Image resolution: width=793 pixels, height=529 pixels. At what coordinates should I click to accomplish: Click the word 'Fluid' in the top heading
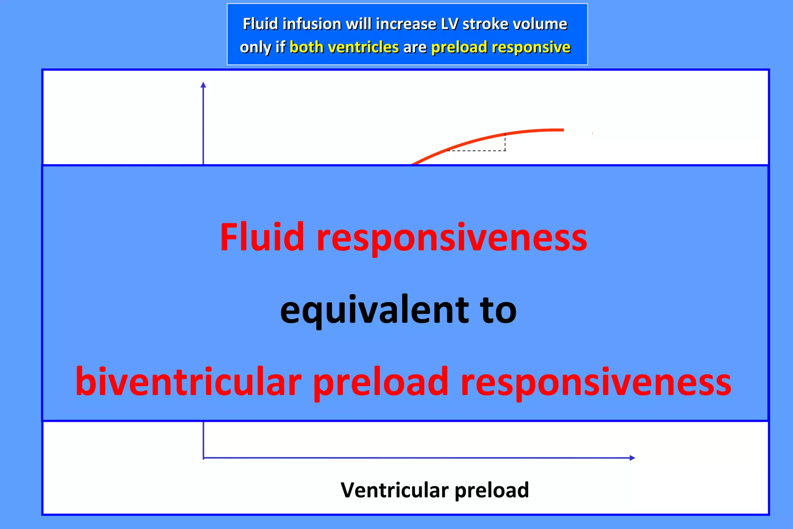tap(260, 24)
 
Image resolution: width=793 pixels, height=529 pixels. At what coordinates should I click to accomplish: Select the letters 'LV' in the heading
tap(449, 24)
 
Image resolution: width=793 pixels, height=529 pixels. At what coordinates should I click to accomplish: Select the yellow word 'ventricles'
tap(362, 47)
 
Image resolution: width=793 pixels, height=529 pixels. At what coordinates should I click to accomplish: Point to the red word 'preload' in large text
tap(380, 383)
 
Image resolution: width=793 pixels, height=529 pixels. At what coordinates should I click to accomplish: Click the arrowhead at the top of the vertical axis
tap(203, 85)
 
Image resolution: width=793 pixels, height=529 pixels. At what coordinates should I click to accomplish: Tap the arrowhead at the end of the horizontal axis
tap(632, 458)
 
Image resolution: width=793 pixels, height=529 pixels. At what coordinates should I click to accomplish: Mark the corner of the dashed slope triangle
tap(505, 150)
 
